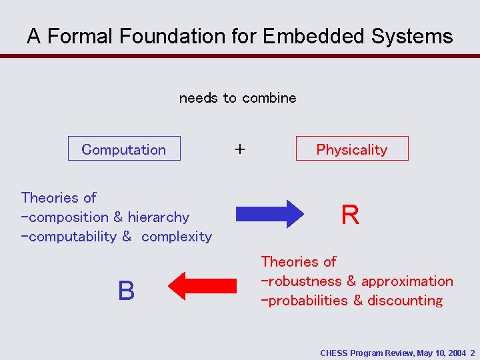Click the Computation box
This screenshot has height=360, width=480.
coord(124,149)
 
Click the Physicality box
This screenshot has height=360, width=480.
coord(352,149)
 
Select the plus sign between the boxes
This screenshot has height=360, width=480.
coord(239,149)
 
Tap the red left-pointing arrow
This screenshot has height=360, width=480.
coord(203,287)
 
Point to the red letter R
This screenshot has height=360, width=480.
coord(350,215)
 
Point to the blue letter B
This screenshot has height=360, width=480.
coord(126,291)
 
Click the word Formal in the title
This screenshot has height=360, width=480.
coord(82,36)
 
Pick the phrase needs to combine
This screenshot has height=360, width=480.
coord(237,98)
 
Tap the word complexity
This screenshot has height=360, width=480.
coord(177,237)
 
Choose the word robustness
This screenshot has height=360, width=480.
coord(304,281)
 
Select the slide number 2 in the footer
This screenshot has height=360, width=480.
coord(472,353)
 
